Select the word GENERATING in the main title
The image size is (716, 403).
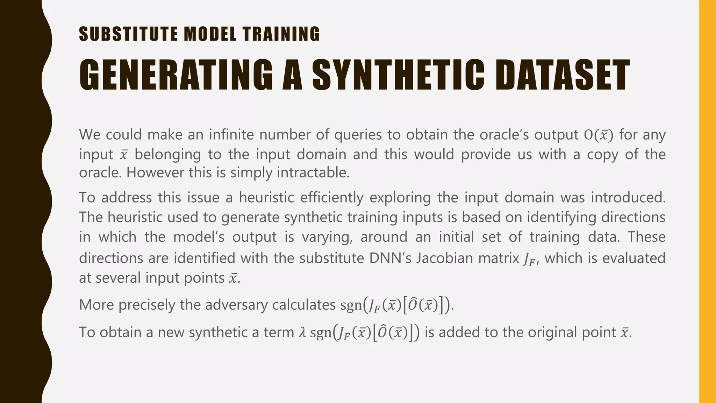pos(176,76)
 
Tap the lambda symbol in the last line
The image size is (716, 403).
pos(302,332)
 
